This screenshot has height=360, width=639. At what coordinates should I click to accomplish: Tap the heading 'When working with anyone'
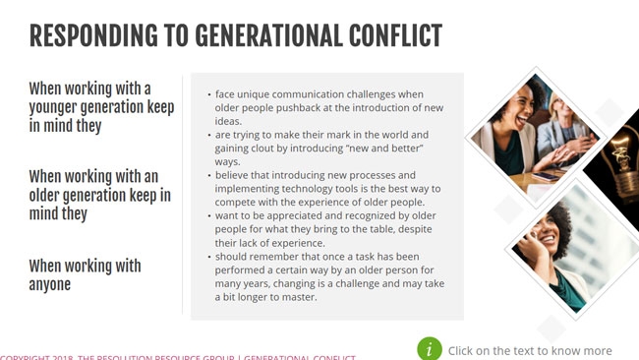(85, 275)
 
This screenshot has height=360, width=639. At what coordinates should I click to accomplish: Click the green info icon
(429, 349)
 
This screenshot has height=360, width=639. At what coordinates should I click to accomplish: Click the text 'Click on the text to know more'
(530, 350)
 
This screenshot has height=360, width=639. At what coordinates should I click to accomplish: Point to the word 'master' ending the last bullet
(295, 297)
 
